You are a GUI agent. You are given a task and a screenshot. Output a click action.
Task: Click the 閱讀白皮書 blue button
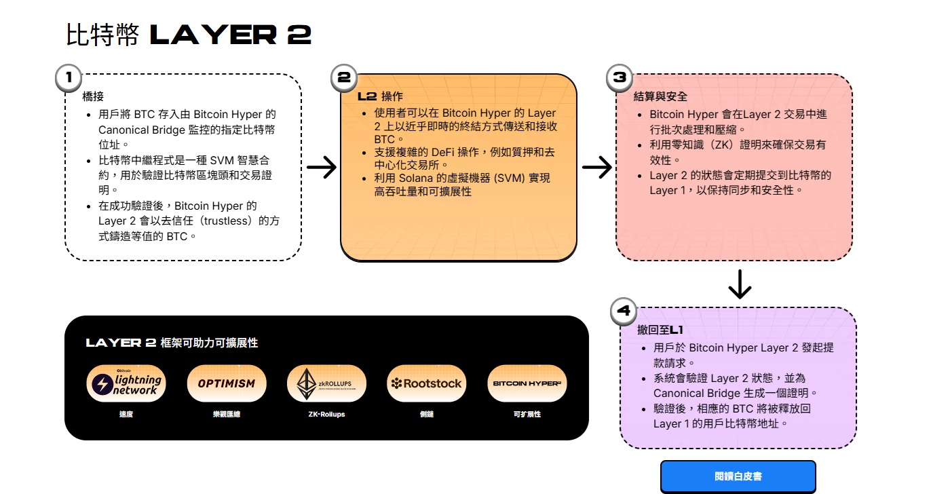coord(738,476)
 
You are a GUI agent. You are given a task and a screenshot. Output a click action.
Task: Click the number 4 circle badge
coord(624,311)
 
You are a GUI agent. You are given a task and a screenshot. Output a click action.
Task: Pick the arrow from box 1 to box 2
coord(321,167)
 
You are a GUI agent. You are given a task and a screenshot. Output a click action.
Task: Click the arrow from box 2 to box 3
coord(596,167)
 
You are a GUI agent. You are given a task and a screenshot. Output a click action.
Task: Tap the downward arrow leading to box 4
coord(739,284)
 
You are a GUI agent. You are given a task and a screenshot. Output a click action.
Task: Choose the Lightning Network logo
coord(126,384)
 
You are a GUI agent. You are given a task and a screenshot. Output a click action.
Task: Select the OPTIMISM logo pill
coord(227,384)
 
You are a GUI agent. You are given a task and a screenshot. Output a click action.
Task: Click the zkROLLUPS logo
coord(326,384)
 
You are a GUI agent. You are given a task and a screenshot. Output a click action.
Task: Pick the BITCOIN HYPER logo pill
coord(527,384)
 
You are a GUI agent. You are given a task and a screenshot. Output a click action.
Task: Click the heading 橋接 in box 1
coord(92,96)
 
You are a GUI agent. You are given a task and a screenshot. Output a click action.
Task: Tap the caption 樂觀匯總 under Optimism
coord(227,414)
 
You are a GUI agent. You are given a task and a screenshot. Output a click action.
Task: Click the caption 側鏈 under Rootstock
coord(426,414)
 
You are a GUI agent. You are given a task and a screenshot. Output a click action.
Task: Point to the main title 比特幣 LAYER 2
coord(189,35)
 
